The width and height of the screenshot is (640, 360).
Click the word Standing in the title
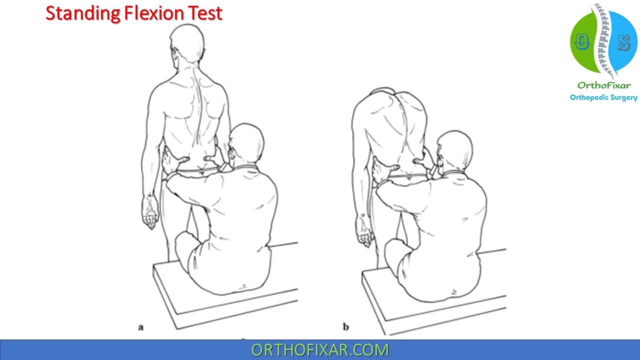click(83, 13)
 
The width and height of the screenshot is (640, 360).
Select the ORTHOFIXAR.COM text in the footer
click(320, 350)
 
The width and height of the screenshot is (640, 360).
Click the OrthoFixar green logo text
click(604, 85)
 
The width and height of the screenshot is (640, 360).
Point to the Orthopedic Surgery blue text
click(603, 97)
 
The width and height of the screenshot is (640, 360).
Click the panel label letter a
click(141, 327)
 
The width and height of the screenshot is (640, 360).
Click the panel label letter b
click(345, 326)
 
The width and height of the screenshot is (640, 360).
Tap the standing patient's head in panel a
click(187, 43)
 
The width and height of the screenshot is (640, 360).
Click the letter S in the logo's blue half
click(624, 43)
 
